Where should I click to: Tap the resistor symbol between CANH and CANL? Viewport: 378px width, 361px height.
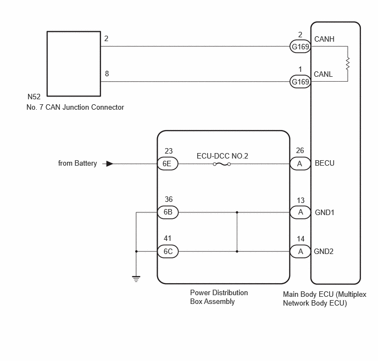[348, 64]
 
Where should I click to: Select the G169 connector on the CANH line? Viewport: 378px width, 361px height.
[300, 47]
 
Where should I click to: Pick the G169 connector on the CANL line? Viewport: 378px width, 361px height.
[300, 82]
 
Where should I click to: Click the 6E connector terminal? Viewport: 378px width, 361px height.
[168, 163]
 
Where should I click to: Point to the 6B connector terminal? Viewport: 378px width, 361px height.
[168, 212]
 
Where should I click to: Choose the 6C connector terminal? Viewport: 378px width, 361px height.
[168, 251]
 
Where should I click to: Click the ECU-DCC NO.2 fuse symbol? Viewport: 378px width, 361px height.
[222, 164]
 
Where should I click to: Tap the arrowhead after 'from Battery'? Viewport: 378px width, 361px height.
[110, 163]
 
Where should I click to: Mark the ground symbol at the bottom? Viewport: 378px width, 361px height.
[136, 279]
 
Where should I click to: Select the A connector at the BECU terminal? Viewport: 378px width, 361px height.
[300, 163]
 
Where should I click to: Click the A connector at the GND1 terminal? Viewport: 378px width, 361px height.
[300, 212]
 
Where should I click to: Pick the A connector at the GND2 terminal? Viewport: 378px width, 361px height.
[300, 251]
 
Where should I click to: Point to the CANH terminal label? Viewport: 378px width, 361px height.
[324, 39]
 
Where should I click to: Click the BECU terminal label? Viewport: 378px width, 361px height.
[325, 163]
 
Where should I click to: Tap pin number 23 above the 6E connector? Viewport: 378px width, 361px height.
[169, 151]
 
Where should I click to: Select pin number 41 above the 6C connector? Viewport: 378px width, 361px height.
[168, 238]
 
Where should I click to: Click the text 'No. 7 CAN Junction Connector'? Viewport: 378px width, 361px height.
[75, 107]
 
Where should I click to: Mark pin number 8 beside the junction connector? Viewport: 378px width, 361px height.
[107, 74]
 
